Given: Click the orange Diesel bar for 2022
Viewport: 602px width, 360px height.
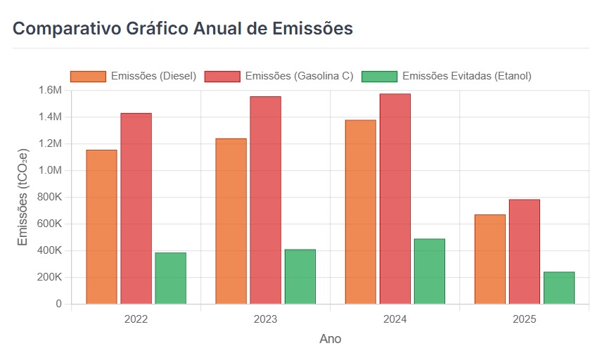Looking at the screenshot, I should [x=101, y=226].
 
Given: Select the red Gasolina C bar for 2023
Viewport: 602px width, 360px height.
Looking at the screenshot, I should [x=265, y=200].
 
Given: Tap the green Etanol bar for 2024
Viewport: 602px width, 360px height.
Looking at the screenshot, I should [x=429, y=271].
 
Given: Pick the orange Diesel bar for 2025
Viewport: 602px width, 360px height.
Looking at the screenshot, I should [x=489, y=259].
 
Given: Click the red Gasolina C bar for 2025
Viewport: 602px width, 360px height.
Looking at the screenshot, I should [x=524, y=251].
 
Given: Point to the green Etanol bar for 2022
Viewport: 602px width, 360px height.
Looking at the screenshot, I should [x=170, y=278].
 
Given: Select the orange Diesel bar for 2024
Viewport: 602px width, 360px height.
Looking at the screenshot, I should [x=360, y=212].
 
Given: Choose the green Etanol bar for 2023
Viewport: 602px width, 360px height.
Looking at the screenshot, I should [x=300, y=276].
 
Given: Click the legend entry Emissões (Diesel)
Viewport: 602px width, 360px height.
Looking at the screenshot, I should [x=134, y=76].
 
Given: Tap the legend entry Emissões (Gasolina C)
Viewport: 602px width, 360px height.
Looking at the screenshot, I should [x=279, y=76].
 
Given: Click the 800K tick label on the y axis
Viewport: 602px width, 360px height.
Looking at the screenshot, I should [x=49, y=197].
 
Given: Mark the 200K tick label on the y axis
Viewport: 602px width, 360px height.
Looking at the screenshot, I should [x=49, y=277].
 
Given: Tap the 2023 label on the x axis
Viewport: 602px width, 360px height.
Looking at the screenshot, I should [x=265, y=319].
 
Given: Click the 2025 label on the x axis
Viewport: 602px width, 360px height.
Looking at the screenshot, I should [x=524, y=319].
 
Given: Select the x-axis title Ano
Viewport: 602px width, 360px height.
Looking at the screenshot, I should [x=330, y=339].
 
